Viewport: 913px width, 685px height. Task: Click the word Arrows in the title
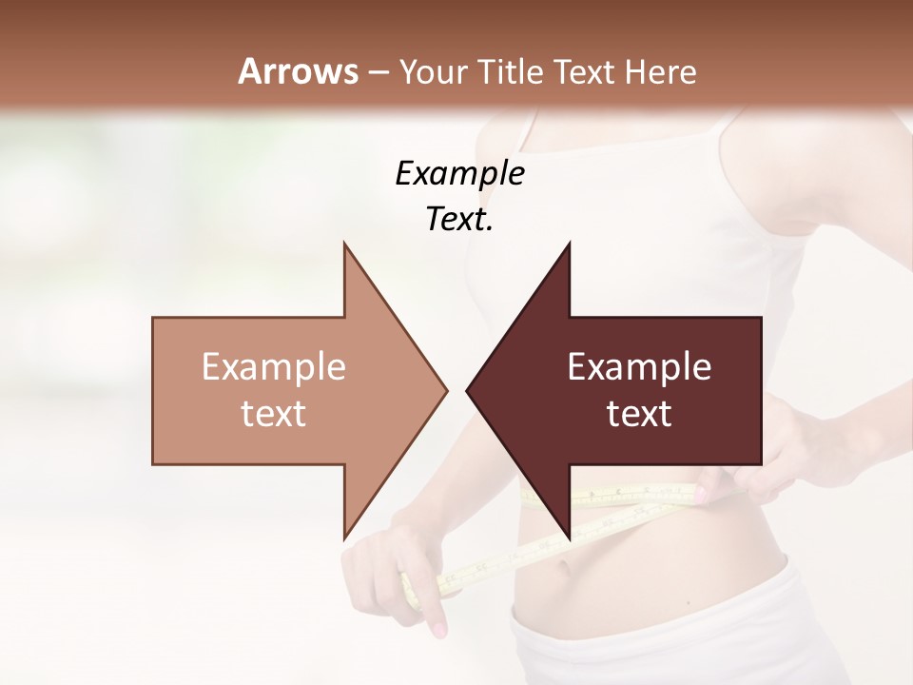(299, 71)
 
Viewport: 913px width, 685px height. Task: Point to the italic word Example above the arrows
(459, 173)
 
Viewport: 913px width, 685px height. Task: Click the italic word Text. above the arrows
(459, 220)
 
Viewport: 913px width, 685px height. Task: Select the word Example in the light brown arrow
(273, 367)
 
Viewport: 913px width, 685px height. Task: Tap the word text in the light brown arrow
(273, 414)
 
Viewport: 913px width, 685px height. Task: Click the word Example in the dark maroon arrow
(639, 367)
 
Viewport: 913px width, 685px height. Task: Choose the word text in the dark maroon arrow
(639, 414)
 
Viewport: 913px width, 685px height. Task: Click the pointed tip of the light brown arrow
(446, 390)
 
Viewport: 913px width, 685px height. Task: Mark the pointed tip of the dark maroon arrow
(467, 390)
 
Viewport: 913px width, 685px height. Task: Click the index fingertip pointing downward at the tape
(438, 630)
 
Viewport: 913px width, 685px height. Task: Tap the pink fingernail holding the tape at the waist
(702, 494)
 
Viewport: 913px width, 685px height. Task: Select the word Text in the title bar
(584, 71)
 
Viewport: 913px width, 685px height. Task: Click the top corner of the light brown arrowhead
(344, 244)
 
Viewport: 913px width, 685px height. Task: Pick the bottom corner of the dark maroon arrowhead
(570, 538)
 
